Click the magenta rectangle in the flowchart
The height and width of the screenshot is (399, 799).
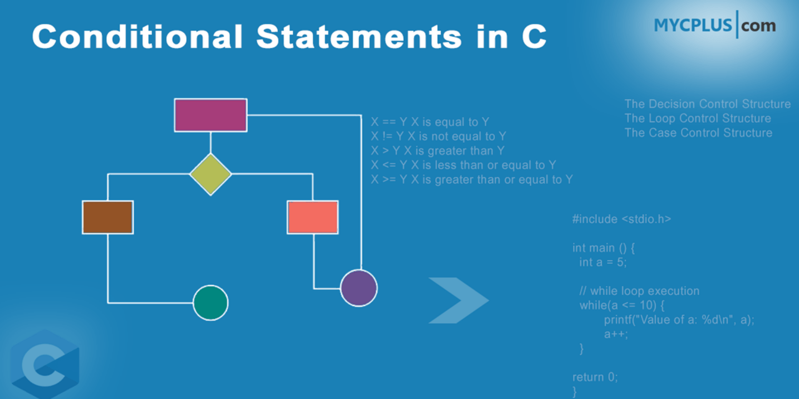point(210,115)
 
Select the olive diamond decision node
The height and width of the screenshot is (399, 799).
point(210,175)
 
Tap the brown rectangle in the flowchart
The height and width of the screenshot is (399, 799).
point(107,217)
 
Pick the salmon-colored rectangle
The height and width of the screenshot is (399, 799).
point(313,217)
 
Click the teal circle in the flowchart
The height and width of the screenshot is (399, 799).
point(210,302)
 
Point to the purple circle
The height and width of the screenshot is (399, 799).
point(359,288)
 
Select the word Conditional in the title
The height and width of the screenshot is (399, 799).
point(137,37)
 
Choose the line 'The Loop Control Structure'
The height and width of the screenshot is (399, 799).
point(698,118)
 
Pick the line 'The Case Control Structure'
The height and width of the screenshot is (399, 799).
point(699,133)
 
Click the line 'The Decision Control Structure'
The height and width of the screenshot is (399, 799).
point(708,104)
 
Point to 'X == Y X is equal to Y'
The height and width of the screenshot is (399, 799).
point(430,122)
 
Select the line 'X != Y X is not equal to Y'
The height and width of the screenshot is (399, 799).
point(438,137)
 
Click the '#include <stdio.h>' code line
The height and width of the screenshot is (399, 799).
point(622,219)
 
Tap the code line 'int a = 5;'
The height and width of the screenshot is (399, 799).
point(602,262)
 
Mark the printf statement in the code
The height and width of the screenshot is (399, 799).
point(679,320)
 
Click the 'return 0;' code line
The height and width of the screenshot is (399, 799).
point(595,377)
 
